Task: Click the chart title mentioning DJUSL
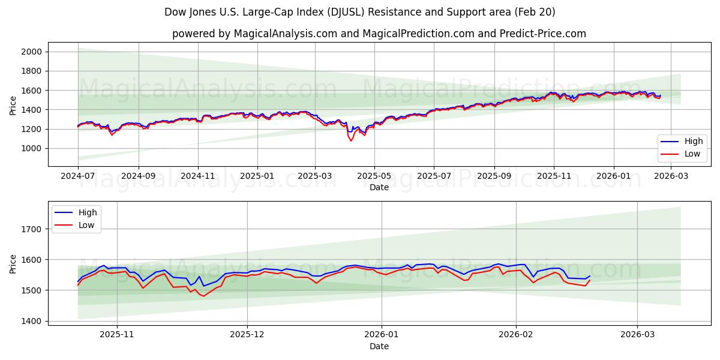[359, 12]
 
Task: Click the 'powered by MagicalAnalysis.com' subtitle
[379, 34]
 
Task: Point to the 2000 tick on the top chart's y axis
[31, 52]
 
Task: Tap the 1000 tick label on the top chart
[31, 148]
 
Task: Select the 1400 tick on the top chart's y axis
[31, 110]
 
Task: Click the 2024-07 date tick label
[78, 176]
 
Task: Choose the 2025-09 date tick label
[494, 176]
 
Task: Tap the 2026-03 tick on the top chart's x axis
[670, 176]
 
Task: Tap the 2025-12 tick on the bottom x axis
[247, 335]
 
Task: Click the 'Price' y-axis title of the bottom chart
[13, 264]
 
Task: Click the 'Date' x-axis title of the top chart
[379, 187]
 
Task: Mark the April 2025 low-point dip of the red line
[351, 140]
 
